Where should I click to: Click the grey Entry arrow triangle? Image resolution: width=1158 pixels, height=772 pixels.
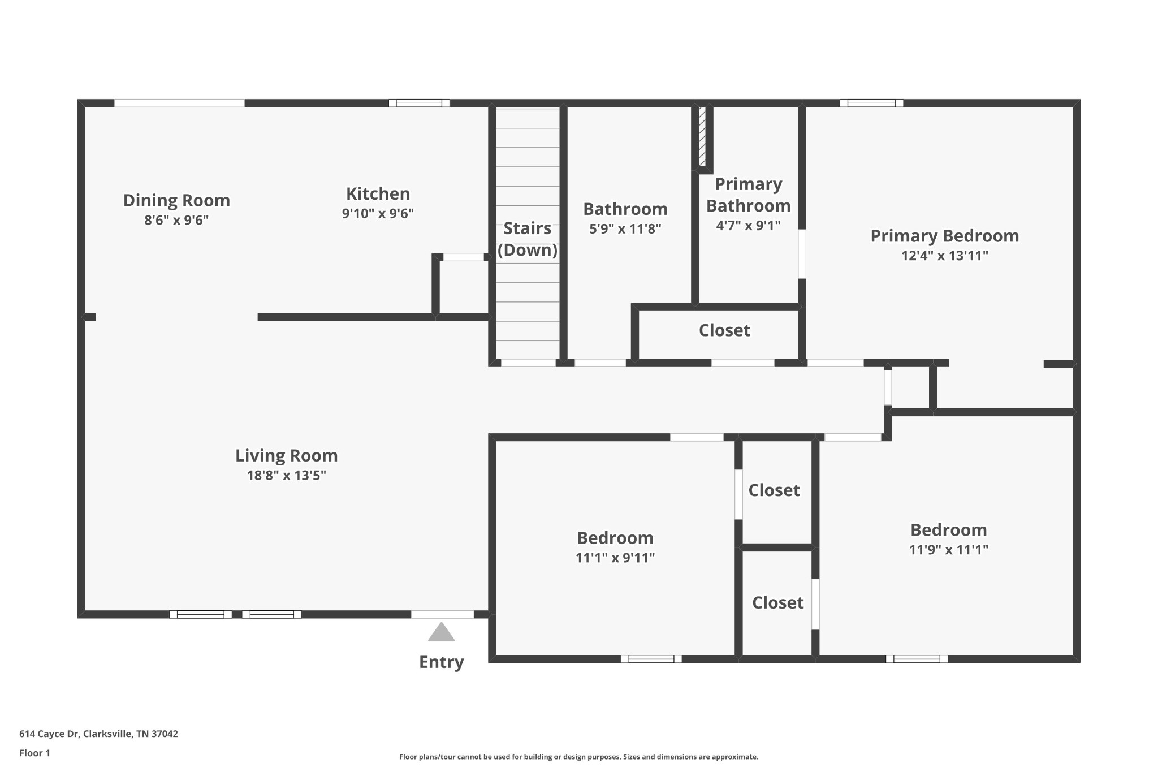441,633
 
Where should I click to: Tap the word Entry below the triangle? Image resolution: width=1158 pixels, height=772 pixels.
441,662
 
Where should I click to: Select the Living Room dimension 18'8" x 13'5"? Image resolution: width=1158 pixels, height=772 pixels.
286,475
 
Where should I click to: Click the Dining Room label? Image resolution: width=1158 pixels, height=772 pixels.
176,200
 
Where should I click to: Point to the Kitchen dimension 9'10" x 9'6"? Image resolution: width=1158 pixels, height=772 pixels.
378,214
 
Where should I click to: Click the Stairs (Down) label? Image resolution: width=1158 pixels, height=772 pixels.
527,239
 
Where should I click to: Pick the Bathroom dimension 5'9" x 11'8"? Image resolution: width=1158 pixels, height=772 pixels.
625,229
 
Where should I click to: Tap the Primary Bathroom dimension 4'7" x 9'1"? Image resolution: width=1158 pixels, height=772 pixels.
748,226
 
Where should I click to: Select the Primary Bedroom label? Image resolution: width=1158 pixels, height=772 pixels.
944,236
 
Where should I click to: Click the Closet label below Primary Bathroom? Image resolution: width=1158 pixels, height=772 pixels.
724,330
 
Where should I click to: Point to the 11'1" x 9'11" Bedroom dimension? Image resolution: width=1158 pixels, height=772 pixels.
615,558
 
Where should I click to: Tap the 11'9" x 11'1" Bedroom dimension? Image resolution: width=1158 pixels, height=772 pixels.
948,550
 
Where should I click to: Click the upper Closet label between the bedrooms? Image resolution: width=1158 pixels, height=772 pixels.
774,490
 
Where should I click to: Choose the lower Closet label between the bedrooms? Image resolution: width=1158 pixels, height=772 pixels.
777,603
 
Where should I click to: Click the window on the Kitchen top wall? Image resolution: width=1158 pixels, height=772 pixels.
419,103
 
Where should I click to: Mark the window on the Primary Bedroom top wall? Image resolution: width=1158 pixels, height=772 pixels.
871,103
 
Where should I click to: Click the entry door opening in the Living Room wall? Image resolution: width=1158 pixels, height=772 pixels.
442,614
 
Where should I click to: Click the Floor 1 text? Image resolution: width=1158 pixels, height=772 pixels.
34,753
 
